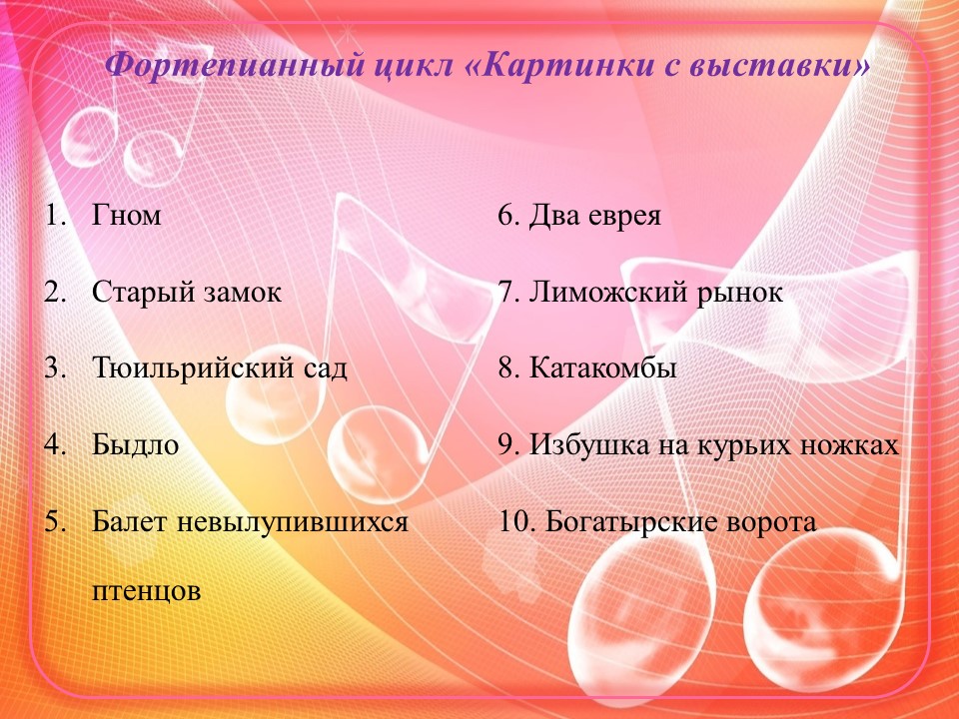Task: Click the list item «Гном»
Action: pyautogui.click(x=127, y=216)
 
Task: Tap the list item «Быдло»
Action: pyautogui.click(x=136, y=445)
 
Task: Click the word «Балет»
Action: pyautogui.click(x=130, y=522)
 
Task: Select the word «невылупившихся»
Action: pyautogui.click(x=294, y=522)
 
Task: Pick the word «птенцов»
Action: pyautogui.click(x=147, y=590)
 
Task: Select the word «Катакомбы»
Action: pyautogui.click(x=603, y=369)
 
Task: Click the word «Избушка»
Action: pyautogui.click(x=584, y=445)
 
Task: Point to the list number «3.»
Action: pyautogui.click(x=55, y=369)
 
